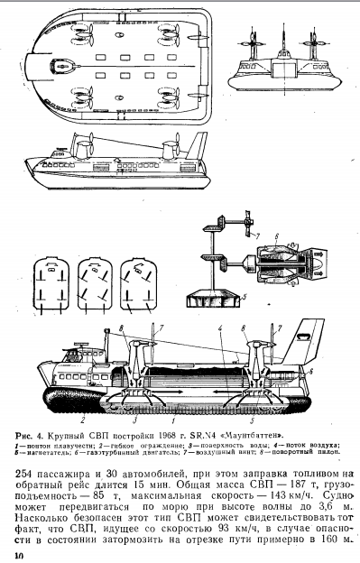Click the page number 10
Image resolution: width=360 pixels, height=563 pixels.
click(19, 556)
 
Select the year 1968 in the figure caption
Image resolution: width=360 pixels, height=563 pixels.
click(168, 436)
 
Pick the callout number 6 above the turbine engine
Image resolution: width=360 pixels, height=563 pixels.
click(276, 236)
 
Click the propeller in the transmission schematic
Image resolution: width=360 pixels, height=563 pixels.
click(248, 224)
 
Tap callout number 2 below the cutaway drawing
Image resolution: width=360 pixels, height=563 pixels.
click(82, 419)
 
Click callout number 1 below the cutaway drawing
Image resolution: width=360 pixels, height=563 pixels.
click(173, 420)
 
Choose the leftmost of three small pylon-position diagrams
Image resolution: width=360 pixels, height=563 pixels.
click(51, 283)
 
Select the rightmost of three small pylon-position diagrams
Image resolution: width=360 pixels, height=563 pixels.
click(139, 283)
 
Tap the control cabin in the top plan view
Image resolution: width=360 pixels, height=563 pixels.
click(66, 66)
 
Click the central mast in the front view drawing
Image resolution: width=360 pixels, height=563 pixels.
click(284, 37)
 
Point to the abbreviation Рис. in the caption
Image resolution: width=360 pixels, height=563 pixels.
click(24, 436)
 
